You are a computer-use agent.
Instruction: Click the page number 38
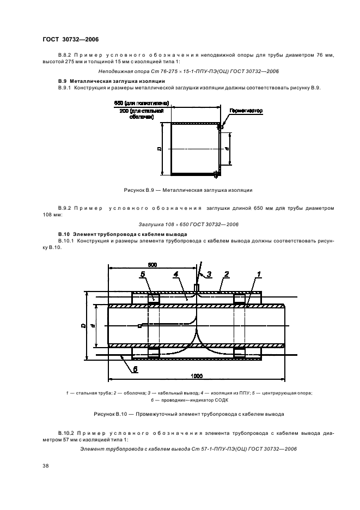point(45,466)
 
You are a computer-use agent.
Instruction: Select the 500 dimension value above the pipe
point(152,264)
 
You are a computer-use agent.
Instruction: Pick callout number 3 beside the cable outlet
point(208,274)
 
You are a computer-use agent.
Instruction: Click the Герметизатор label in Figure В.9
point(246,111)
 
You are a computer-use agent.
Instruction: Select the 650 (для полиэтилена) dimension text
point(141,103)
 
